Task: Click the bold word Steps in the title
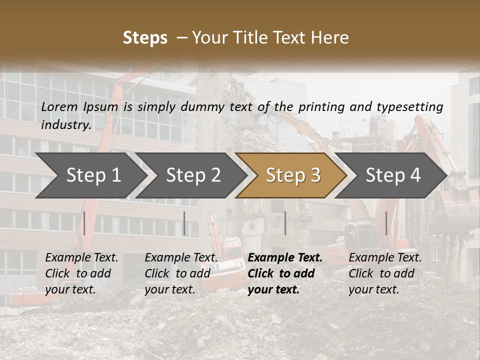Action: (x=145, y=38)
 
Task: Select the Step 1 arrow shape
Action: (x=93, y=175)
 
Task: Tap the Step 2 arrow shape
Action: (x=193, y=175)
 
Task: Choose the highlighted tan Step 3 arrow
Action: (x=293, y=175)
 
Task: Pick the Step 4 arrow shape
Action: (x=393, y=175)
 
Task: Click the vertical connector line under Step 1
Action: (x=84, y=223)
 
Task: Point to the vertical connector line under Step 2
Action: (x=184, y=223)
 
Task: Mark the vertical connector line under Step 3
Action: (x=285, y=223)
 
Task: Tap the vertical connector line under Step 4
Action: (x=386, y=223)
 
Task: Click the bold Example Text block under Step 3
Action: (x=285, y=273)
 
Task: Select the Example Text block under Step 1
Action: (x=81, y=273)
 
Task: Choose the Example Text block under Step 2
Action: (x=181, y=273)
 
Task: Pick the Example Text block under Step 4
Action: (x=385, y=273)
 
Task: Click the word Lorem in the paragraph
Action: (x=59, y=106)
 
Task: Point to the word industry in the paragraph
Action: (x=66, y=125)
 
